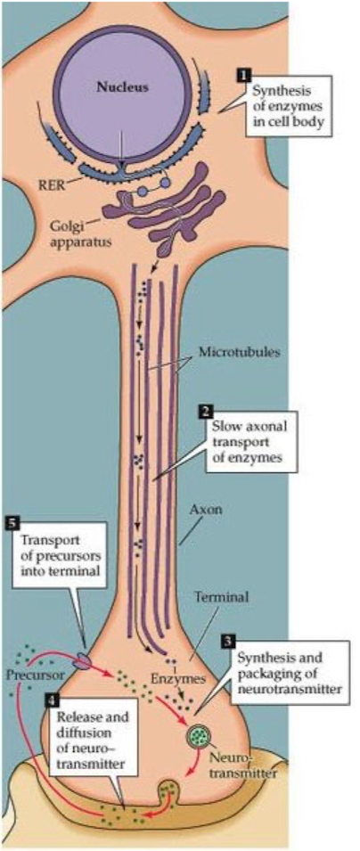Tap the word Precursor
tap(36, 674)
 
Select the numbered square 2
tap(204, 412)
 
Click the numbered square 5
tap(12, 524)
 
